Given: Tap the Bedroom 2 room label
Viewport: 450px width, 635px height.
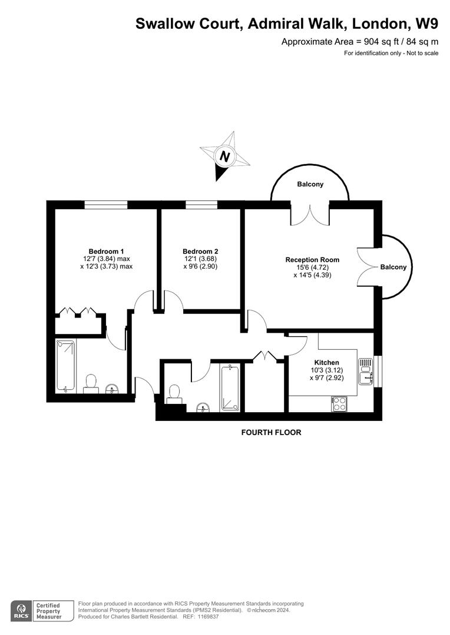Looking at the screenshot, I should click(200, 251).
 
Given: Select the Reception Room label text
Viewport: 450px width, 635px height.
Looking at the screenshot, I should click(312, 259).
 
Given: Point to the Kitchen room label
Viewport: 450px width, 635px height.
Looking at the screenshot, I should click(326, 362).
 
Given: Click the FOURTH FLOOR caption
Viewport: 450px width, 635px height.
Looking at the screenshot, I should click(271, 433).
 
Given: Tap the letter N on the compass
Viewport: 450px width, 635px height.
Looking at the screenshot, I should click(224, 156).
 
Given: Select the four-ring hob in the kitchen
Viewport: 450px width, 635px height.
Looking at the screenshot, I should click(340, 404).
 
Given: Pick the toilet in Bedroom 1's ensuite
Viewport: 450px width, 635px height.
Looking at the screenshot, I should click(91, 383).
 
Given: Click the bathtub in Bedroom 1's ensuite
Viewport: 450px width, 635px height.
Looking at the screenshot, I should click(65, 365).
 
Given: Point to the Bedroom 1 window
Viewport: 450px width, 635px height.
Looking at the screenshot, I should click(105, 205).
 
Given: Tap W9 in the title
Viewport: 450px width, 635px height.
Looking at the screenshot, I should click(426, 24).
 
